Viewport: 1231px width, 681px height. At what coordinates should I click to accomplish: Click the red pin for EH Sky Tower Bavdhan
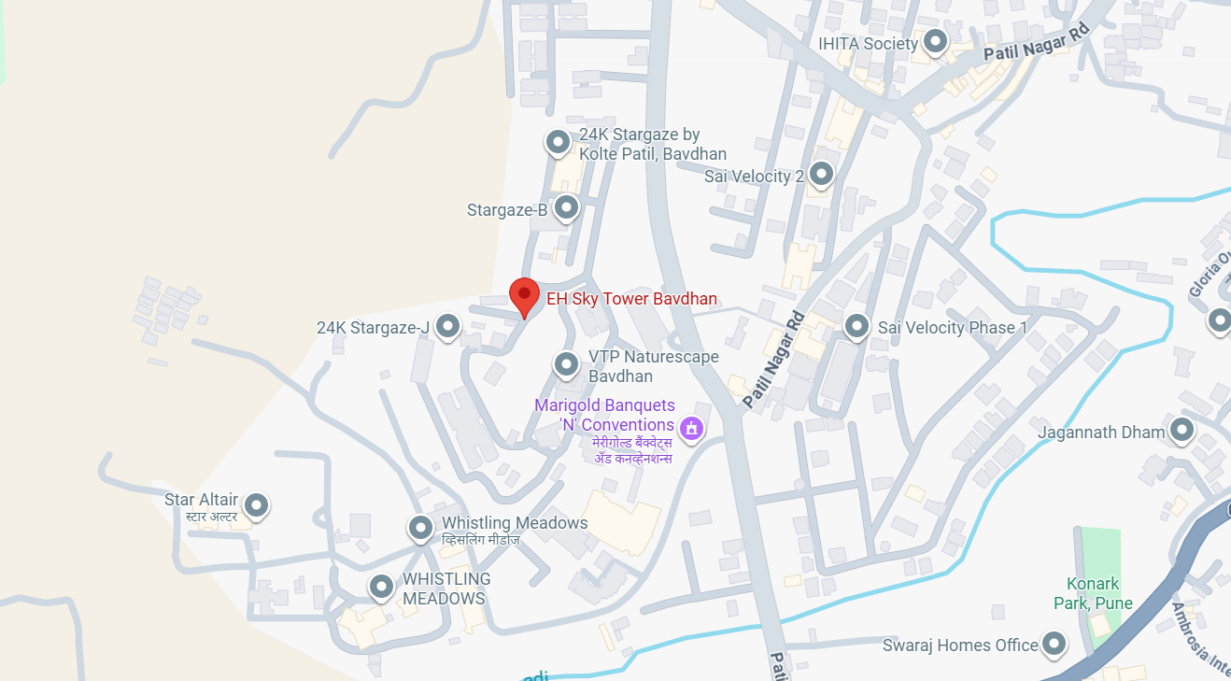tap(524, 296)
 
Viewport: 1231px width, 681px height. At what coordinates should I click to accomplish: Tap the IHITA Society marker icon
tap(935, 42)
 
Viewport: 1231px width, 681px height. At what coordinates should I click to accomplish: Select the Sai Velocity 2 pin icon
tap(821, 174)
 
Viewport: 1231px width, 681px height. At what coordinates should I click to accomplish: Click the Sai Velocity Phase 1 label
tap(952, 327)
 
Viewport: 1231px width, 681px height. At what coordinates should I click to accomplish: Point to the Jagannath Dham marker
tap(1182, 431)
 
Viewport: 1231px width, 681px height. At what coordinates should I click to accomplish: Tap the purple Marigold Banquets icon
tap(691, 428)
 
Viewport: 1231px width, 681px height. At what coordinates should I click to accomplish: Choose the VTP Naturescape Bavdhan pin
tap(566, 364)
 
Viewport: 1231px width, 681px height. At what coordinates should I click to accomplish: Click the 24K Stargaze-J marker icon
tap(448, 326)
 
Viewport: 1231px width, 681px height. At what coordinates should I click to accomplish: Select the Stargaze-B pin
tap(566, 207)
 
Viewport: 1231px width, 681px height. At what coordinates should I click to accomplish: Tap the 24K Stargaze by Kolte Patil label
tap(652, 144)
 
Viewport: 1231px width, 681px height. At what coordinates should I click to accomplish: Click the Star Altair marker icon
tap(257, 505)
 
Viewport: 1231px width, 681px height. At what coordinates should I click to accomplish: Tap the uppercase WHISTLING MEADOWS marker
tap(381, 588)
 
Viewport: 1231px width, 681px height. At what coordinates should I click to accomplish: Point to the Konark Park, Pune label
tap(1093, 593)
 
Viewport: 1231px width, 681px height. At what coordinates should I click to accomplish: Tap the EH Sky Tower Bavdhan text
tap(631, 299)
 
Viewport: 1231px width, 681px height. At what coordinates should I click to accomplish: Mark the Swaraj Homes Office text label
tap(960, 646)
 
